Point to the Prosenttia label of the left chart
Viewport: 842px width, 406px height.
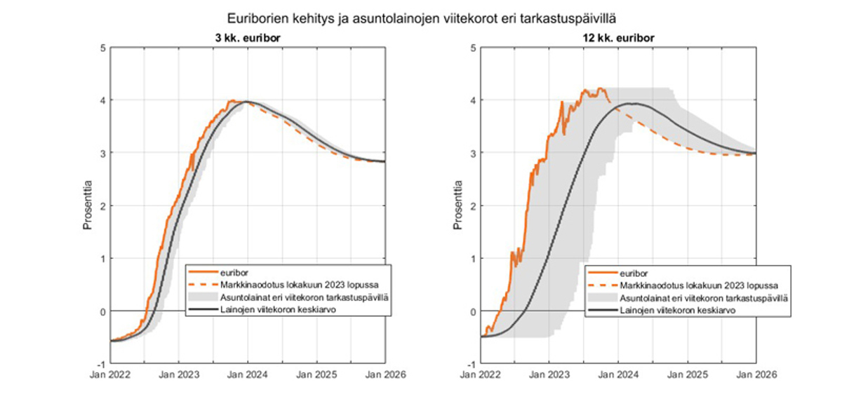click(88, 206)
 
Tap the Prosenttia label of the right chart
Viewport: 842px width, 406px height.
click(458, 206)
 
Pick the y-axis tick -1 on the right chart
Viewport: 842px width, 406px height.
click(471, 364)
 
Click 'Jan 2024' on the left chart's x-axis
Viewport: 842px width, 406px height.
click(247, 375)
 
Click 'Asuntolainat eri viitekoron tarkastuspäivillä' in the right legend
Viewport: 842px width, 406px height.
click(704, 297)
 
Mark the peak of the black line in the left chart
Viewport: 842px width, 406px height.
click(246, 102)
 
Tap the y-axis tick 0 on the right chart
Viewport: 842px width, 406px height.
click(472, 311)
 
